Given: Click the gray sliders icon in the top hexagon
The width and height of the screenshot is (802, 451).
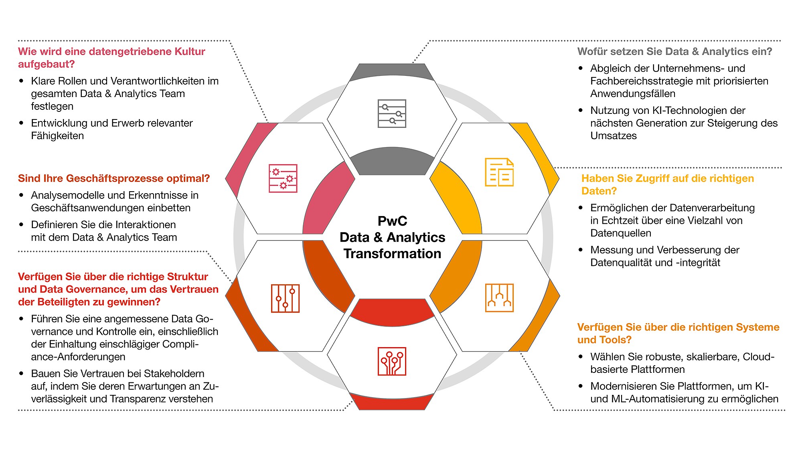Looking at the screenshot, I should pos(392,114).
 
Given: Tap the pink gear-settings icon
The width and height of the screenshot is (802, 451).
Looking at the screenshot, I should pos(283,178).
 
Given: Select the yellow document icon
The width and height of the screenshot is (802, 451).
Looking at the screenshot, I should pos(499,172).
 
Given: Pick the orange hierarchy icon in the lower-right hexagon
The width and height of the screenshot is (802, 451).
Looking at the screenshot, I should pos(499,298).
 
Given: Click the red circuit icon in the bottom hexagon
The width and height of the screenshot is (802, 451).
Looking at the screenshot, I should pos(392,361).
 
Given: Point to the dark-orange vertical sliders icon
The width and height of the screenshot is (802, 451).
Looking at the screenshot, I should pos(285,298).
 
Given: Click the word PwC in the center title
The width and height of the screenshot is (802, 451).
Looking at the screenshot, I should pos(392,221).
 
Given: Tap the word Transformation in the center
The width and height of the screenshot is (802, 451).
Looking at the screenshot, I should pos(392,254).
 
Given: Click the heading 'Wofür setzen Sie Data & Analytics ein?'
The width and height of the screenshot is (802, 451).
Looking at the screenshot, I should pos(674,51).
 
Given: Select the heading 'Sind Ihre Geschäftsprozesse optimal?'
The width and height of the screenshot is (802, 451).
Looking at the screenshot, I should pos(114,178).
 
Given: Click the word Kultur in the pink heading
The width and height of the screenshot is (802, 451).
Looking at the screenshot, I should pos(190,51).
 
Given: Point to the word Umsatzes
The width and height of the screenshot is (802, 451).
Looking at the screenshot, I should pos(614,136).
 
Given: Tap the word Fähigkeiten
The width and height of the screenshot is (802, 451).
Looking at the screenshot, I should pos(57,136).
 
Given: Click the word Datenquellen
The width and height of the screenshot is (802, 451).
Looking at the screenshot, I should pos(620,233).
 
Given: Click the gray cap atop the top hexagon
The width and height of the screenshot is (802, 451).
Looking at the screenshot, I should pos(392,71).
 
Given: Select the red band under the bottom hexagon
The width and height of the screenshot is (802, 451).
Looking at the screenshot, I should pos(392,402).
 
